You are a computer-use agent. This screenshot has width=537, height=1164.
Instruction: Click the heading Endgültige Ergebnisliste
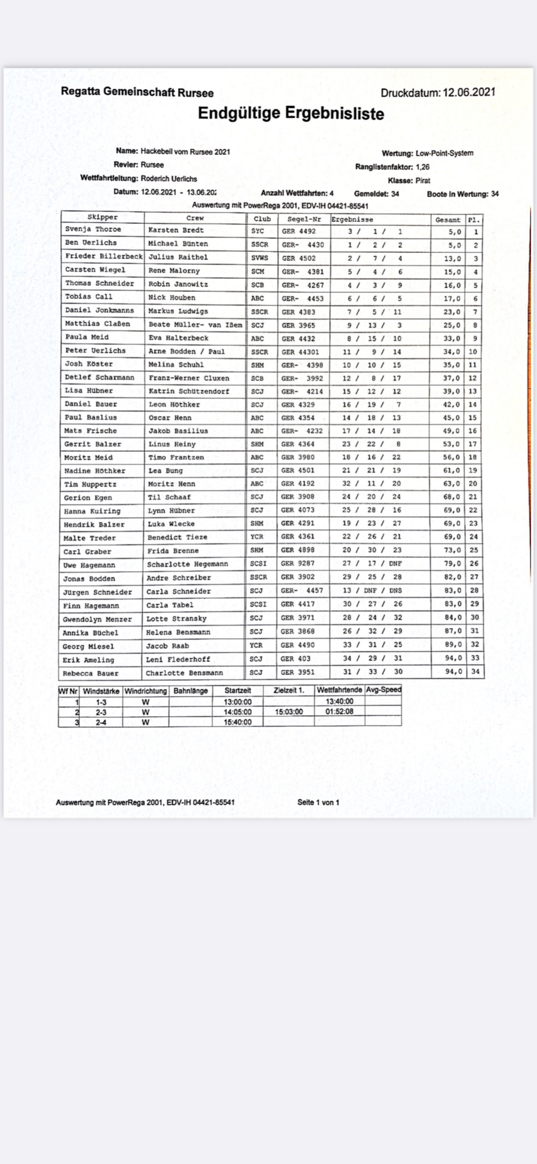pos(291,114)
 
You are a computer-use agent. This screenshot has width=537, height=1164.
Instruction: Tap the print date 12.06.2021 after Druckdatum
pos(469,92)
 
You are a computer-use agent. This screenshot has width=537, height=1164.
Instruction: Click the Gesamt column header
pos(448,220)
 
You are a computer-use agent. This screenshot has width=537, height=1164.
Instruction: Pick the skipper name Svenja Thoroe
pos(93,229)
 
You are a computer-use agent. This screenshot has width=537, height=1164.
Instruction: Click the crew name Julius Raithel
pos(178,257)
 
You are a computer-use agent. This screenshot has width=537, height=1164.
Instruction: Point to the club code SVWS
pos(260,258)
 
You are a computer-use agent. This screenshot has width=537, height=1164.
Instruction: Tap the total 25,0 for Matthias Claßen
pos(451,325)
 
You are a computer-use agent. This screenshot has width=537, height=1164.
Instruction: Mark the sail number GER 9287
pos(297,563)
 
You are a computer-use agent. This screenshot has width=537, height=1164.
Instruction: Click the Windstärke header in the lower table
pos(101,691)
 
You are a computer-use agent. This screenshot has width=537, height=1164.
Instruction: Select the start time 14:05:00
pos(238,712)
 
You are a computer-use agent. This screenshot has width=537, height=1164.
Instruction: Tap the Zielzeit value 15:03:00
pos(289,712)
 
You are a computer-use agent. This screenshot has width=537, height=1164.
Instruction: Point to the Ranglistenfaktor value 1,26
pos(422,167)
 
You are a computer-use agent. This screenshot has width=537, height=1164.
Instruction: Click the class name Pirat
pos(422,181)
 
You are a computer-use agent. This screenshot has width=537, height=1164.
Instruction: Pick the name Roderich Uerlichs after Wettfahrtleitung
pos(169,179)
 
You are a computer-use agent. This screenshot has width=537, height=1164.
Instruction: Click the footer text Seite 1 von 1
pos(318,802)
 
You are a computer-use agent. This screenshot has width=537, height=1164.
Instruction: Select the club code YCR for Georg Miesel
pos(256,646)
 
